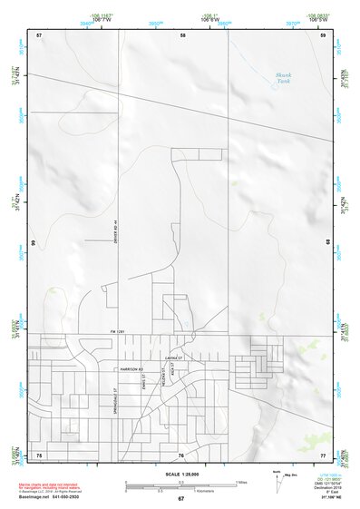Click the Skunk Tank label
pyautogui.click(x=284, y=79)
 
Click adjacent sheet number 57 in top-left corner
pyautogui.click(x=39, y=35)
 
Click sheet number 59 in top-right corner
pyautogui.click(x=323, y=35)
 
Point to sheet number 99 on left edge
pyautogui.click(x=33, y=243)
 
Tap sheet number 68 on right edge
pyautogui.click(x=329, y=243)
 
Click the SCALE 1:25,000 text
pyautogui.click(x=180, y=474)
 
